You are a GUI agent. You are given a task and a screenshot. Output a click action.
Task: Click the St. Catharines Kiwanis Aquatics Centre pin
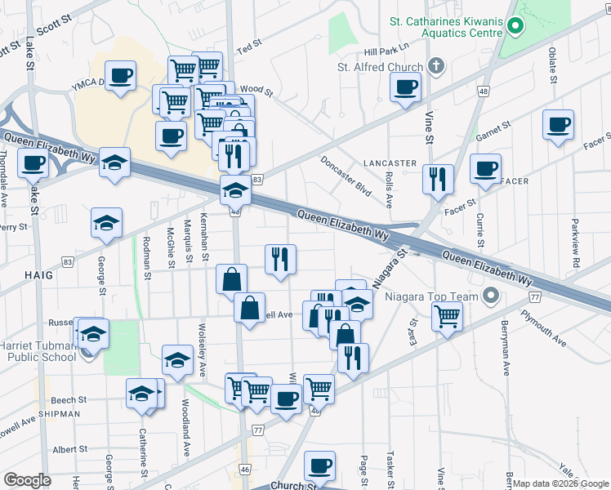click(x=515, y=27)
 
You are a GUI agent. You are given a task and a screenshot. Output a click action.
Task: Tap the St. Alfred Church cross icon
click(x=436, y=65)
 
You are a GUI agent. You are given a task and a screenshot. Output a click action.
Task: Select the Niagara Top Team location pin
click(x=490, y=295)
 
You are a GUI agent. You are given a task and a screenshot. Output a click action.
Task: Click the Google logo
click(x=26, y=479)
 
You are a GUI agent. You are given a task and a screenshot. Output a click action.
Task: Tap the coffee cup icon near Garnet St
click(x=559, y=125)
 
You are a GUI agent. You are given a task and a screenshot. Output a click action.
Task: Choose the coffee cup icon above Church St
click(x=319, y=465)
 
